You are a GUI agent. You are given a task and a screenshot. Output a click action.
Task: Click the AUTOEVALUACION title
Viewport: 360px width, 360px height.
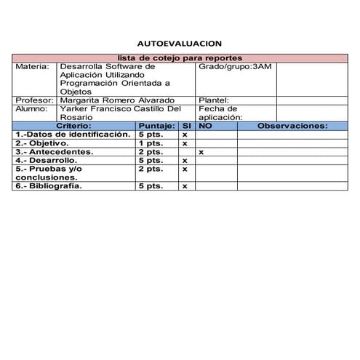(x=180, y=44)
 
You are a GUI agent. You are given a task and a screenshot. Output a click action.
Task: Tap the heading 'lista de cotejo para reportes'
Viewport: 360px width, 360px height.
(x=180, y=57)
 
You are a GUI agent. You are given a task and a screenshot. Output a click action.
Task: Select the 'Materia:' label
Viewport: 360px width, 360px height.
(x=32, y=66)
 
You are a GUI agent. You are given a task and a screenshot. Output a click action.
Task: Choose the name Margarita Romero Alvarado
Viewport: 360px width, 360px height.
(x=118, y=100)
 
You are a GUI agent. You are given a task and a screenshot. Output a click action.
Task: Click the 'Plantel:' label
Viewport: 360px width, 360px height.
(x=214, y=100)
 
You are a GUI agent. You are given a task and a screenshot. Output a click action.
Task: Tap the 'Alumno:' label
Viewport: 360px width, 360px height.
(x=32, y=108)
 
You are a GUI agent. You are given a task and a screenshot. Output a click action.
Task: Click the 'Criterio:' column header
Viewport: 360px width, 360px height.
(x=73, y=125)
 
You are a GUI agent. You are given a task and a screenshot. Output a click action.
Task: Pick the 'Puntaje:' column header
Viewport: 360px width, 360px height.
(x=156, y=125)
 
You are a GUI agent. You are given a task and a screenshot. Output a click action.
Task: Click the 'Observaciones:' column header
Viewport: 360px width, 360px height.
(x=292, y=125)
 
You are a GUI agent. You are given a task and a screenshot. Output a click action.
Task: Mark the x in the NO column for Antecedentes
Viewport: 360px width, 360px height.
(x=201, y=151)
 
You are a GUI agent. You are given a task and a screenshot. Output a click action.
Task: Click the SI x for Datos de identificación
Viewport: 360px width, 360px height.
(x=185, y=134)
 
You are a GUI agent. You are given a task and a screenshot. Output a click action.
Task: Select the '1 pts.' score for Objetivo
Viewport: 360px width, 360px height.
(x=150, y=143)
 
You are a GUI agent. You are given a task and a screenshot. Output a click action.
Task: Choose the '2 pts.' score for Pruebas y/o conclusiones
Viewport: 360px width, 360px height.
(x=150, y=169)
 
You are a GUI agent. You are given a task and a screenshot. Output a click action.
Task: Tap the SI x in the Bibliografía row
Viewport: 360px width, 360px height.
(x=185, y=185)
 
